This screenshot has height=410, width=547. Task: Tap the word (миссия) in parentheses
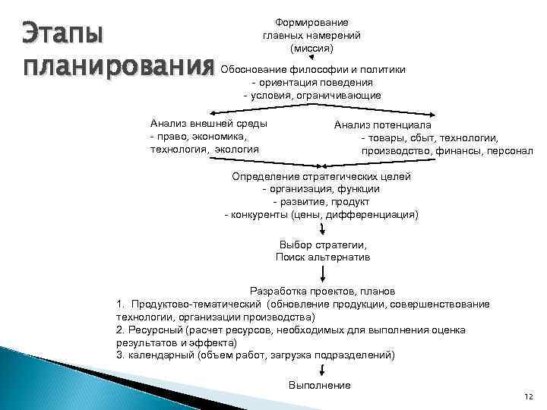click(x=311, y=47)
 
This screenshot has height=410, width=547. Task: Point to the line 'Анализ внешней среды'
click(x=209, y=123)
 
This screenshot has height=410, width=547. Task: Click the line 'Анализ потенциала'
click(x=383, y=125)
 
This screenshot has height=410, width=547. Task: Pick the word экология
click(x=236, y=149)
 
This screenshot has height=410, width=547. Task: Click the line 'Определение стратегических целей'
click(x=321, y=176)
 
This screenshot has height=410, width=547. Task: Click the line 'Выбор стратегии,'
click(x=323, y=245)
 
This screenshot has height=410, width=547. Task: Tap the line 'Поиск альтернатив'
click(x=323, y=257)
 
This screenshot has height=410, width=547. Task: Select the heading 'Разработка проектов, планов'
click(x=322, y=291)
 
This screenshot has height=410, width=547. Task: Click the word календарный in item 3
click(x=157, y=355)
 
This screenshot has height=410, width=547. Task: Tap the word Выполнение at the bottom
click(x=319, y=386)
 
